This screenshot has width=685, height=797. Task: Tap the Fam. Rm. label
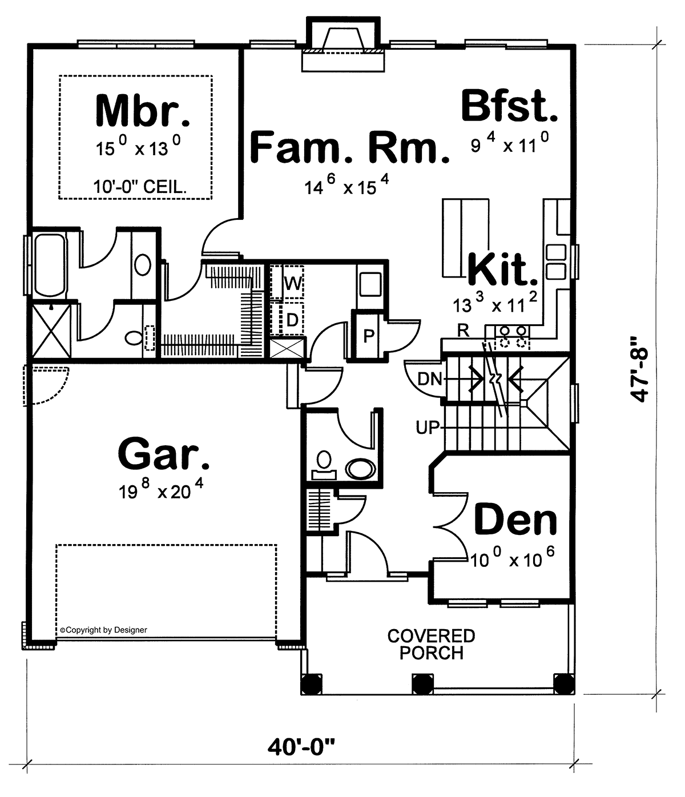pos(350,147)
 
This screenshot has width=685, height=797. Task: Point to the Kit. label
pos(503,269)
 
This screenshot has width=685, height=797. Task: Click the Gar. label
pos(164,453)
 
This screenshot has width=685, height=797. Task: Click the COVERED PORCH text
pos(432,645)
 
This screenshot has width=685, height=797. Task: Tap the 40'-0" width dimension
pos(301,747)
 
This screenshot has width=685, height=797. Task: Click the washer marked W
pos(287,283)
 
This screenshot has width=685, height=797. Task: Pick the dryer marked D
pos(287,319)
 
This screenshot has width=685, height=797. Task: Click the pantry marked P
pos(369,336)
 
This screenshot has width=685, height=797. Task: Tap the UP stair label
pos(428,428)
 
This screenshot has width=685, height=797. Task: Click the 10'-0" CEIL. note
pos(140,187)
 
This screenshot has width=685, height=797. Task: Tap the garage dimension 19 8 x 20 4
pos(161,489)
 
